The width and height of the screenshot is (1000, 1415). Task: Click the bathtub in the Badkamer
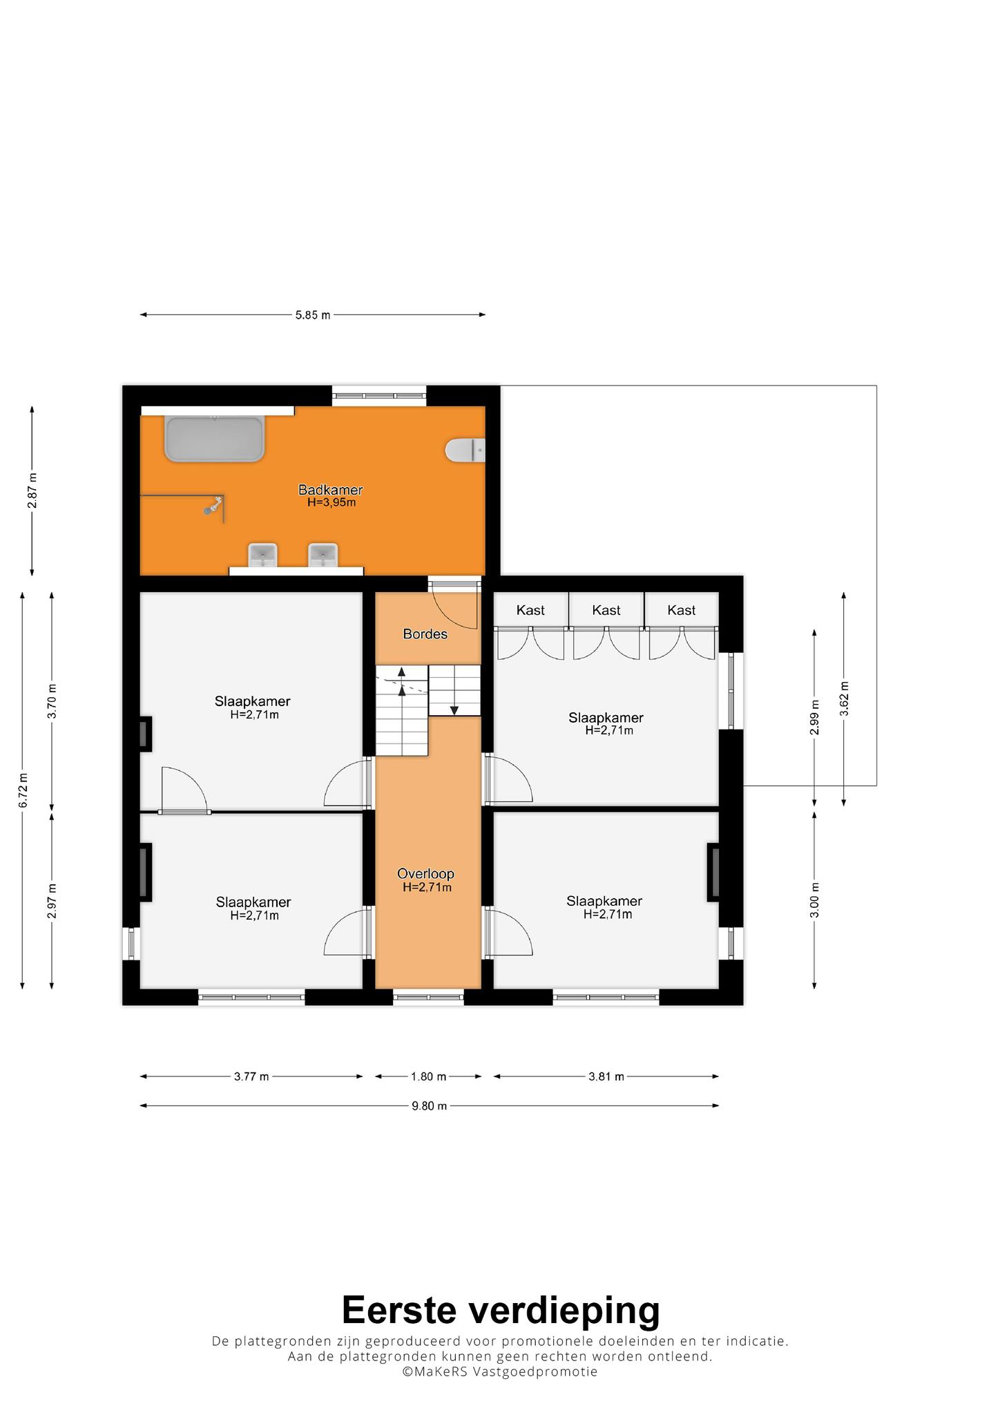214,438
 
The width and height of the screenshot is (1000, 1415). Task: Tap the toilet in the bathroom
465,450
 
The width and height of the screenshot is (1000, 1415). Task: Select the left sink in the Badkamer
262,555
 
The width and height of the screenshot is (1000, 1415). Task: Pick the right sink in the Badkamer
323,555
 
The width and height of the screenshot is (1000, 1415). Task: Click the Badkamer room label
330,490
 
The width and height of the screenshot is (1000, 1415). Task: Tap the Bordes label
425,634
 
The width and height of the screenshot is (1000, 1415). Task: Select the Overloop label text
425,874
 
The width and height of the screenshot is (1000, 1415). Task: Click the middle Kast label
606,610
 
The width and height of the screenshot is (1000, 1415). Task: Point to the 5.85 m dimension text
313,315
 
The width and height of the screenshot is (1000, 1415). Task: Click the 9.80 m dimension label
430,1105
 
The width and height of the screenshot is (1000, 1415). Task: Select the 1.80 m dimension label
428,1076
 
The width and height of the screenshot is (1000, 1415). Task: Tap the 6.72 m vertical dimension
23,790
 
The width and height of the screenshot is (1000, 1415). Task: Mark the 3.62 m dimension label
844,699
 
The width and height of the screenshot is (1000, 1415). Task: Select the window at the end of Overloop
428,997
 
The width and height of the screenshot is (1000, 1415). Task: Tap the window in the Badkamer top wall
379,396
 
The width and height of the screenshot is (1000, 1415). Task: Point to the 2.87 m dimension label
32,491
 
